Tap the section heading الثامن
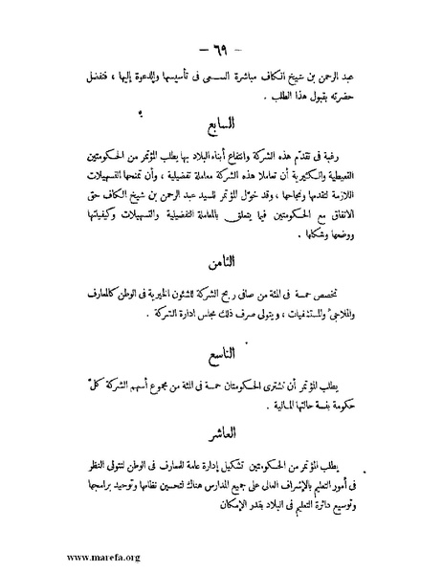point(221,259)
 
